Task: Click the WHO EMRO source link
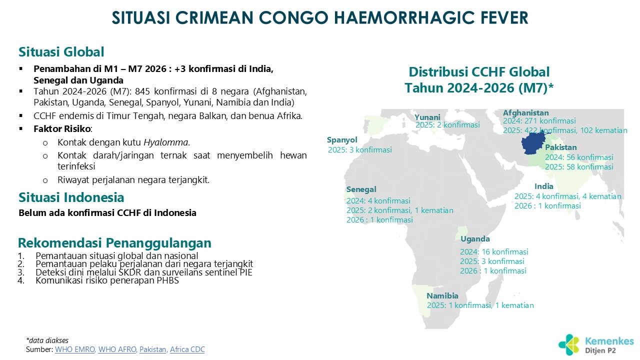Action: coord(75,349)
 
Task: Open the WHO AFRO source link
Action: coord(117,349)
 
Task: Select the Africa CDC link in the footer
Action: coord(187,349)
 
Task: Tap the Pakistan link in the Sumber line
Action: coord(153,349)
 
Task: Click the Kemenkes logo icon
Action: coord(569,344)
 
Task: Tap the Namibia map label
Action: coord(442,295)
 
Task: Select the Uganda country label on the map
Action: coord(475,239)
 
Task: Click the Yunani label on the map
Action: coord(427,117)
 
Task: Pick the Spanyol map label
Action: coord(342,140)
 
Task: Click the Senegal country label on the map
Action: coord(361,189)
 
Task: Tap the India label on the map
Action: coord(543,186)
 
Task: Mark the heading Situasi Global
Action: coord(61,52)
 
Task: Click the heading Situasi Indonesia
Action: coord(71,197)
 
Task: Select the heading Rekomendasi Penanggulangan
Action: coord(114,243)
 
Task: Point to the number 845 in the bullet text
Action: coord(142,91)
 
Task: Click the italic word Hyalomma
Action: coord(165,142)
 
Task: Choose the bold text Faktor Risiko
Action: coord(62,129)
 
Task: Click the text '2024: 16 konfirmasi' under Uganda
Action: coord(494,251)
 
